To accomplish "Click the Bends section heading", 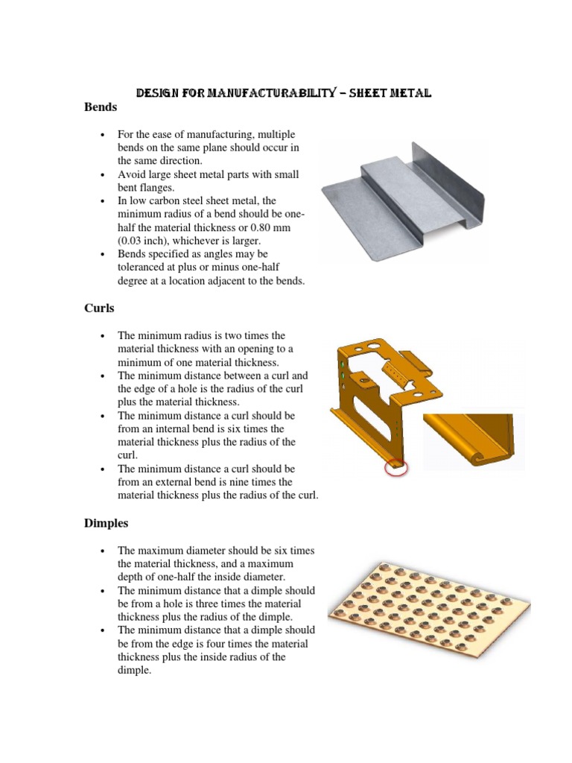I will click(x=101, y=107).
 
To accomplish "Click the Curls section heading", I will click(x=100, y=308).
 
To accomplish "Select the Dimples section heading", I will click(x=107, y=524).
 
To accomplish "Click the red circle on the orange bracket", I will click(x=395, y=467).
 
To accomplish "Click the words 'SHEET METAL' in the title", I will click(x=395, y=93).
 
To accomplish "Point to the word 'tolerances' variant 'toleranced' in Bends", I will click(x=143, y=268).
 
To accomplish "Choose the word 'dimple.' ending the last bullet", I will click(x=134, y=671).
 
